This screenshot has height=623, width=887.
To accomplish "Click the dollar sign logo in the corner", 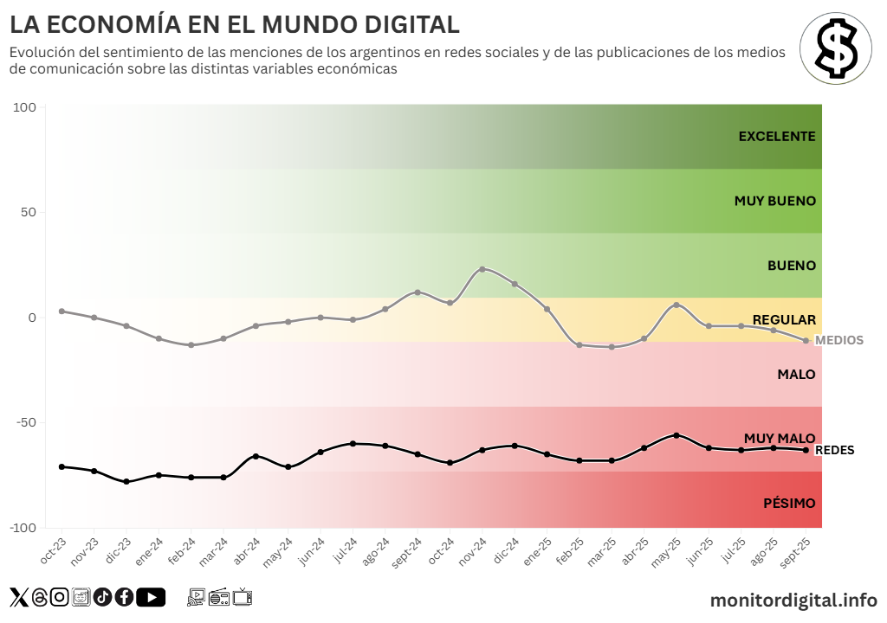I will coord(835,48).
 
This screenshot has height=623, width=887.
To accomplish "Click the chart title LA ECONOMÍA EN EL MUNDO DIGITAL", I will coord(235,23).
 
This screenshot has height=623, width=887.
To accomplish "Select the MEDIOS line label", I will coord(839,340).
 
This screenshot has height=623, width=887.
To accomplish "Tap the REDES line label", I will coord(835,450).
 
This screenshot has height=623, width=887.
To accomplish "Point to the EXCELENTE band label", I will coord(777,136).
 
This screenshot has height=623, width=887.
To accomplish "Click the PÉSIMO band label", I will coord(789,503).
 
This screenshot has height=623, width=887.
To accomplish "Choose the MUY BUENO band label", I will coord(774,201).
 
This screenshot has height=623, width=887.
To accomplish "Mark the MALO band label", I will coord(796,374).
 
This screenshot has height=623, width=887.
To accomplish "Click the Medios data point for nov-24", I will coord(482,269).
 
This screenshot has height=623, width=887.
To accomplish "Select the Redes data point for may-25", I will coord(677,435).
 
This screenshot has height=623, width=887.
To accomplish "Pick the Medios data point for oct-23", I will coord(62,311).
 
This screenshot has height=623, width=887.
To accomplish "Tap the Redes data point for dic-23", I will coord(126,481).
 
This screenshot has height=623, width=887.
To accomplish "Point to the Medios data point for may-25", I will coord(677,305).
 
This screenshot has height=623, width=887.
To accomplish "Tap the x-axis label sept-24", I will coord(407,551).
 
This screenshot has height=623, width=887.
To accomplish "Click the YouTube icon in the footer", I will coord(151,597).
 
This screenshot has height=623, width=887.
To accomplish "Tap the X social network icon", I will coord(18,597).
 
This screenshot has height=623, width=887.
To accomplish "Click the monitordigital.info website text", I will coord(793,599).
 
